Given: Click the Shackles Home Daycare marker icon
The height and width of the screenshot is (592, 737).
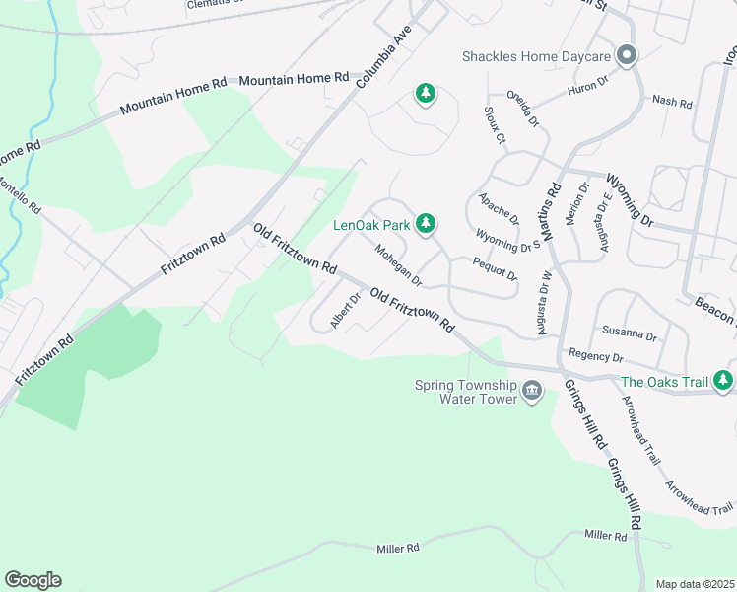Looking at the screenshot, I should point(626,55).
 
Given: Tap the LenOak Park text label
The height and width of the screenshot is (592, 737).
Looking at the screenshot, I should point(370,225).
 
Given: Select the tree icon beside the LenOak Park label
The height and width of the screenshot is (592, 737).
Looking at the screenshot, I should point(426,224).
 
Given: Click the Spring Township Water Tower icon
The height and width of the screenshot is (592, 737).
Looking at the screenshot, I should point(532,392).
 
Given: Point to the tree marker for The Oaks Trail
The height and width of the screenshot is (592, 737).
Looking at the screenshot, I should point(723,381).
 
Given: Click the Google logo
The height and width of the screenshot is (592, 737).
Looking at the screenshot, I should point(33,580).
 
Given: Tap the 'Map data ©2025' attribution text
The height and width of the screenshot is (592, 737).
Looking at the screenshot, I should point(695,584).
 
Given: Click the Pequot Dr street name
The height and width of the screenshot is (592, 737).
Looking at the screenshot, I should point(495,267).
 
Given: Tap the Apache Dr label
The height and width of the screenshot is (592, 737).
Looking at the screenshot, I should point(499,208).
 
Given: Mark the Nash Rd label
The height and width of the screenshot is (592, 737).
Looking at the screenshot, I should point(673,102).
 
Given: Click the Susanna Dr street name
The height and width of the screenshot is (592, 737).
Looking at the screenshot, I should point(629,334).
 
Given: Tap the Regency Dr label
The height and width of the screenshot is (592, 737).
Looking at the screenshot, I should point(596,355).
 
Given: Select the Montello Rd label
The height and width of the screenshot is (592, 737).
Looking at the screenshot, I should point(20,195).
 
